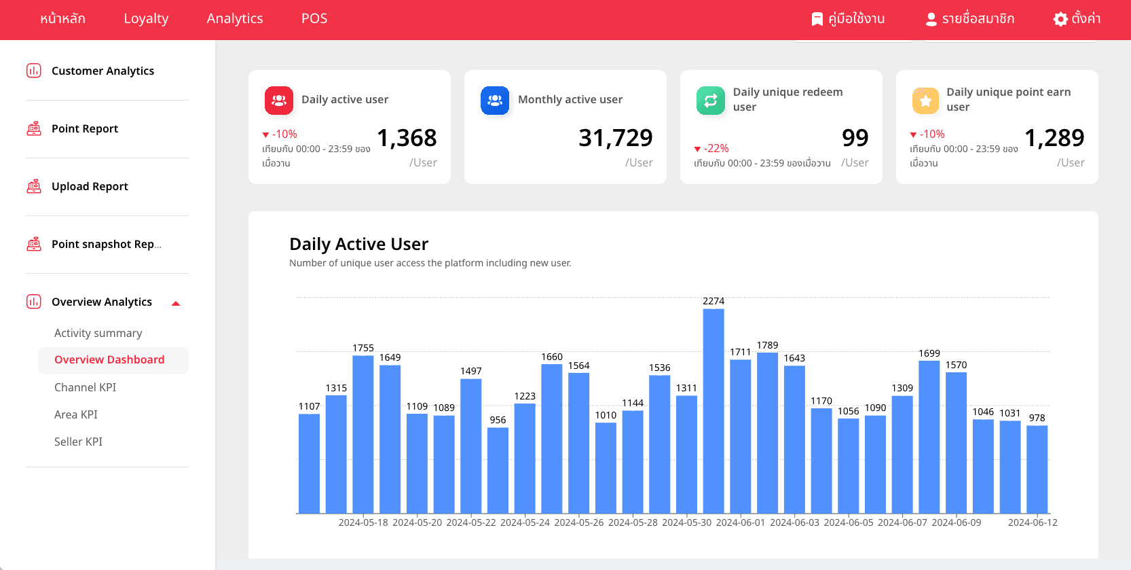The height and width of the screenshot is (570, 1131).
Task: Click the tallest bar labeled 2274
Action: tap(713, 410)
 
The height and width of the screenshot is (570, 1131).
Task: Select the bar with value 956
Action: tap(498, 469)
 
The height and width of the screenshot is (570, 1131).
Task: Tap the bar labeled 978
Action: tap(1037, 469)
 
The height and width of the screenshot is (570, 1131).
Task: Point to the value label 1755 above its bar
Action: tap(363, 348)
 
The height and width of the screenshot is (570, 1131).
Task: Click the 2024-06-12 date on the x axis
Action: tap(1033, 522)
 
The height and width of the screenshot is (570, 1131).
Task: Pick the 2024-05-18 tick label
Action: tap(363, 522)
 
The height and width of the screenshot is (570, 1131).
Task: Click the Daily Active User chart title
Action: tap(358, 244)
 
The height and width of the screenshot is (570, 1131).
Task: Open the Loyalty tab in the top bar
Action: tap(146, 19)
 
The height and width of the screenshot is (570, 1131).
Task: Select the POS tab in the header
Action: tap(314, 19)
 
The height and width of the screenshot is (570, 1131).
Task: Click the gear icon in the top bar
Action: tap(1060, 19)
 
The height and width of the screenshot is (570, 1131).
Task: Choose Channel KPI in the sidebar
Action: tap(86, 387)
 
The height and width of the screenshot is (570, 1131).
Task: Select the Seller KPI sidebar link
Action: tap(79, 442)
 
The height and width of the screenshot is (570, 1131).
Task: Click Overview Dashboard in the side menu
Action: tap(109, 360)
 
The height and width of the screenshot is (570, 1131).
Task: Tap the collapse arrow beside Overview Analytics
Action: tap(176, 303)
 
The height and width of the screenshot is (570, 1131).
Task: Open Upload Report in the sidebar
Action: tap(90, 187)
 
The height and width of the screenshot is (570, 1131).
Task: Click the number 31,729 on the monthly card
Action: tap(615, 138)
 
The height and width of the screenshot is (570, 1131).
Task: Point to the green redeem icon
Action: tap(710, 101)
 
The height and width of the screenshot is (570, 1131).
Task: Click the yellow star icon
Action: tap(925, 101)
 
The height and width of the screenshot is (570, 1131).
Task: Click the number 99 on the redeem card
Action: tap(855, 138)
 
